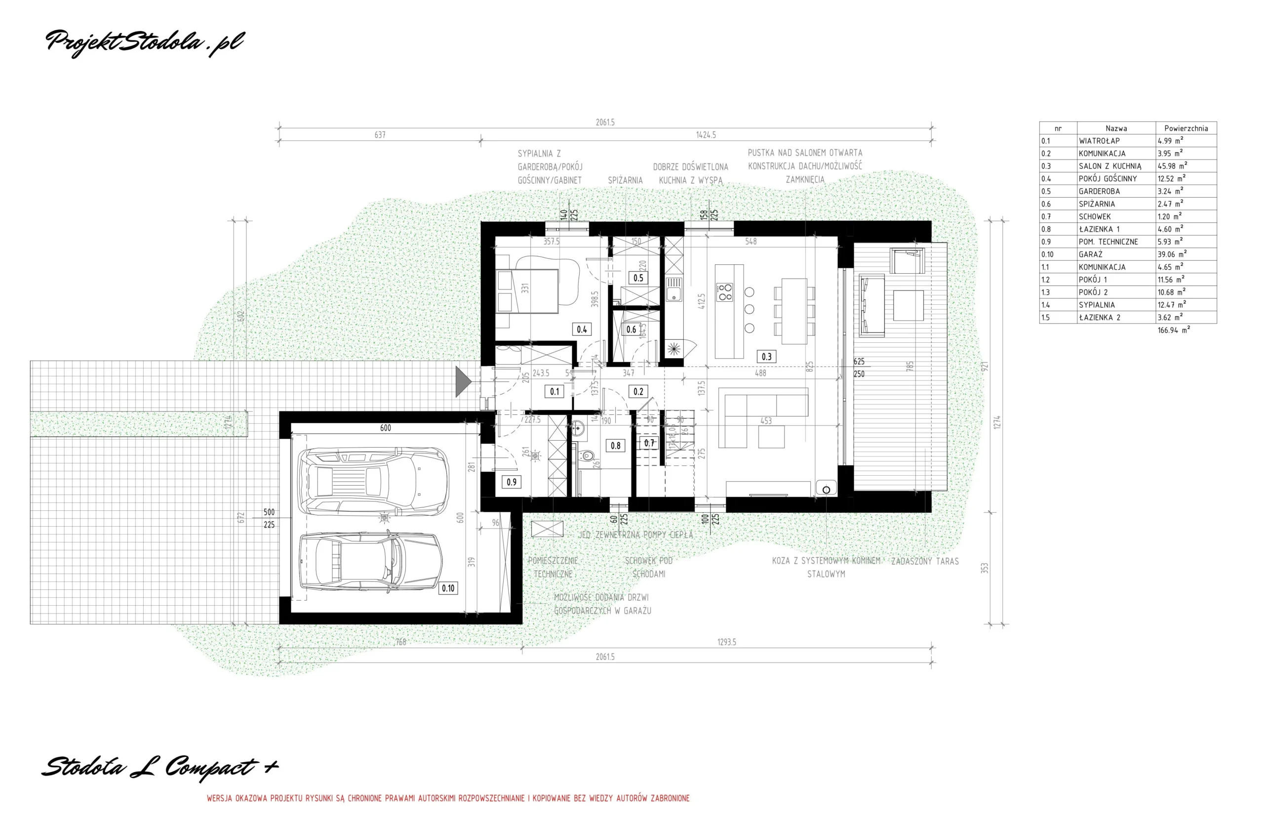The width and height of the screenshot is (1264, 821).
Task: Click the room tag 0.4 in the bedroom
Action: [582, 329]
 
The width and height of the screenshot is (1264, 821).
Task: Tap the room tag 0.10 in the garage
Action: [448, 588]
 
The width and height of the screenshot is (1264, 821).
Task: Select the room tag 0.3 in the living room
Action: [766, 357]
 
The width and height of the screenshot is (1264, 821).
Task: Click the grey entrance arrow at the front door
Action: [463, 381]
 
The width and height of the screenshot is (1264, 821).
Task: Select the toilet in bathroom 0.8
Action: [586, 455]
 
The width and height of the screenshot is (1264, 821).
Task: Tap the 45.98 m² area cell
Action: [1172, 166]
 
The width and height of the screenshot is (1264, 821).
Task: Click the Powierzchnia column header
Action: [1185, 128]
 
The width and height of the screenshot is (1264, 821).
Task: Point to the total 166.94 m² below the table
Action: [1173, 330]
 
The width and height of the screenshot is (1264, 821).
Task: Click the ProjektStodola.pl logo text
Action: [145, 42]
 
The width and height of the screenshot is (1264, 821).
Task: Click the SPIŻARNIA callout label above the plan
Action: [625, 181]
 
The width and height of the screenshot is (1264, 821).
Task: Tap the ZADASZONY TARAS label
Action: [925, 561]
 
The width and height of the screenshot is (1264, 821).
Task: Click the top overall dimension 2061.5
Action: [605, 122]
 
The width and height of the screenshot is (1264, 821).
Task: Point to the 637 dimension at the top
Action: [380, 135]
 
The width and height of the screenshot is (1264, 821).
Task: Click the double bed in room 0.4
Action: [527, 291]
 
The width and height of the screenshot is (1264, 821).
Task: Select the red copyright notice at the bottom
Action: [448, 798]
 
